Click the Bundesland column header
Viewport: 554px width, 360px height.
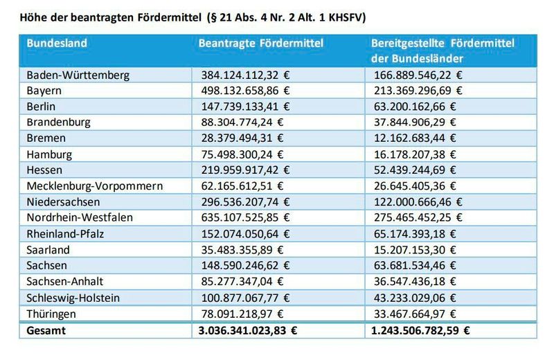57,43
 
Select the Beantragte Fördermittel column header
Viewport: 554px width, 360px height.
261,43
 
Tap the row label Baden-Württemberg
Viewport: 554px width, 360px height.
78,75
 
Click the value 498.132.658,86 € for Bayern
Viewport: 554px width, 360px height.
245,91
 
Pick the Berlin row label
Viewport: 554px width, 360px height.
41,107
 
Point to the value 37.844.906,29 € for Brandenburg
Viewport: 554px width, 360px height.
418,122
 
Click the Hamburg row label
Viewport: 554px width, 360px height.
49,154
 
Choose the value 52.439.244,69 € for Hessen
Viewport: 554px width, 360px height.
418,170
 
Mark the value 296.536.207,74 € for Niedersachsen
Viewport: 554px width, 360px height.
245,201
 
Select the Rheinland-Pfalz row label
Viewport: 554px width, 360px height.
65,233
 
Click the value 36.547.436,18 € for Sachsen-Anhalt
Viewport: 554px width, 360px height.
418,281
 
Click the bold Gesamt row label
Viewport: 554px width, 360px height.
46,330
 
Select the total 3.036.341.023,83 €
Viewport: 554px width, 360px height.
249,330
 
